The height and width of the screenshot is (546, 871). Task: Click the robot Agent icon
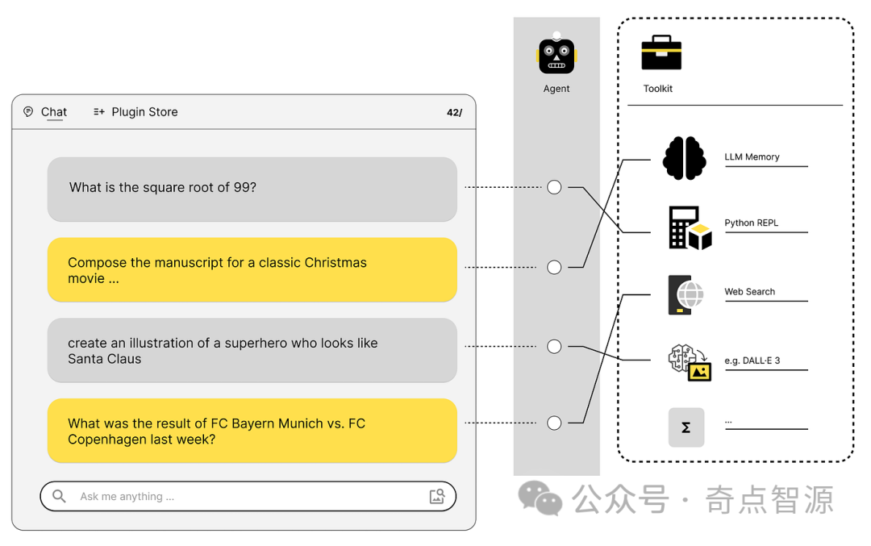tap(556, 55)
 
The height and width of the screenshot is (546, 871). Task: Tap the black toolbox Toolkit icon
tap(661, 53)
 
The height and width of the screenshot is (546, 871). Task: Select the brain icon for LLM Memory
tap(684, 158)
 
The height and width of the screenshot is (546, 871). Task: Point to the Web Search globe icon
tap(686, 294)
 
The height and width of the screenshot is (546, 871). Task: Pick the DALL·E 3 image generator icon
tap(690, 362)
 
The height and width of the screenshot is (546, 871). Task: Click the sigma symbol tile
tap(686, 427)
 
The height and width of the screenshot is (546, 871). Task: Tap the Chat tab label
tap(54, 112)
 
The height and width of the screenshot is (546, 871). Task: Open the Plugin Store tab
tap(144, 112)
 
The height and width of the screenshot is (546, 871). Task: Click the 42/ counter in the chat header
tap(454, 113)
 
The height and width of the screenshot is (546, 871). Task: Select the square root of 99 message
tap(252, 188)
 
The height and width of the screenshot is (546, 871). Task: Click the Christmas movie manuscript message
tap(252, 270)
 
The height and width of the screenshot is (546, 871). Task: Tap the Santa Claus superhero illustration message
tap(252, 351)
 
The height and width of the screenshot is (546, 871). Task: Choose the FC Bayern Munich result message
tap(252, 431)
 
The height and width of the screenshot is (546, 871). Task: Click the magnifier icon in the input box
tap(59, 496)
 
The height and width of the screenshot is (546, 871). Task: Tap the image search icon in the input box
tap(437, 496)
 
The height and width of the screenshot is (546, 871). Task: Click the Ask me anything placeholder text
tap(127, 497)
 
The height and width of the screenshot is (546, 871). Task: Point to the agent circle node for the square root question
tap(554, 187)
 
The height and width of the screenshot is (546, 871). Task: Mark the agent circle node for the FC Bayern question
tap(554, 423)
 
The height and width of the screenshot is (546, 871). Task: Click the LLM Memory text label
tap(752, 157)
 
